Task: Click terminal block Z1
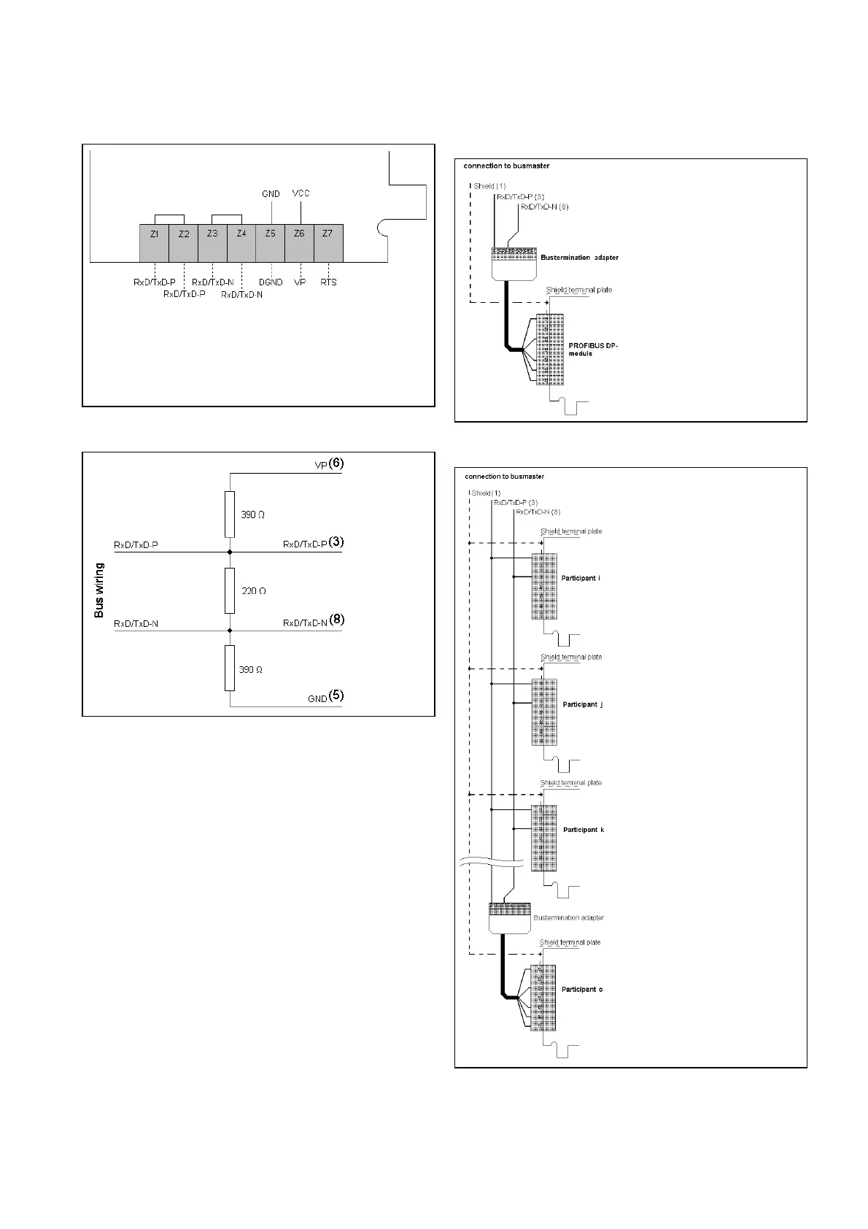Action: tap(154, 242)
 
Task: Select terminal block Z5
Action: tap(270, 242)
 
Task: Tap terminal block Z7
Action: tap(328, 242)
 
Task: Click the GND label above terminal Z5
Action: tap(271, 194)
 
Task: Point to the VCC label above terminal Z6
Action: tap(301, 193)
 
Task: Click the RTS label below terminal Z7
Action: tap(328, 282)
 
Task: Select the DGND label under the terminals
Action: tap(271, 282)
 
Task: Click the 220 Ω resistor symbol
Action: tap(230, 590)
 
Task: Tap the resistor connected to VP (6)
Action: tap(230, 514)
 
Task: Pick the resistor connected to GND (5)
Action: tap(230, 668)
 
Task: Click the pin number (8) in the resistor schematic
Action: tap(336, 620)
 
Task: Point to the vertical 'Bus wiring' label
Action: tap(99, 590)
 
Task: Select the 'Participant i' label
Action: tap(581, 578)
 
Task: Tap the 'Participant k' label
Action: tap(584, 830)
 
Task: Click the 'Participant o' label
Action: tap(582, 990)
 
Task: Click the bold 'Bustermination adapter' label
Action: tap(579, 258)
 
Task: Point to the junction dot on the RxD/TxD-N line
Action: tap(230, 630)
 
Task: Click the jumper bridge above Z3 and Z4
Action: tap(227, 217)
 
